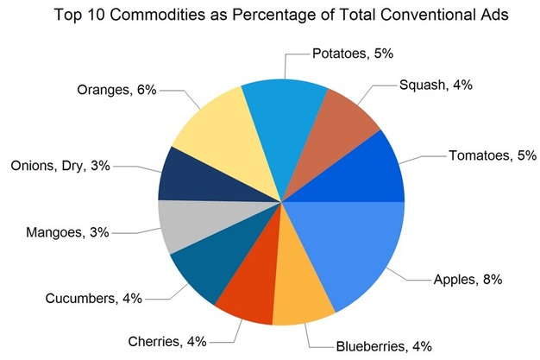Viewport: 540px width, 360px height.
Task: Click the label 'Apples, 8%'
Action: (x=465, y=279)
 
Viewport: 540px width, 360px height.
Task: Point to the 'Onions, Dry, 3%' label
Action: (x=60, y=166)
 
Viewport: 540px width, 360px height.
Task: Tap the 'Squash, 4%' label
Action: (x=436, y=85)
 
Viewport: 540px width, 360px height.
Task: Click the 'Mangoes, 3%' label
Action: (x=72, y=232)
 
